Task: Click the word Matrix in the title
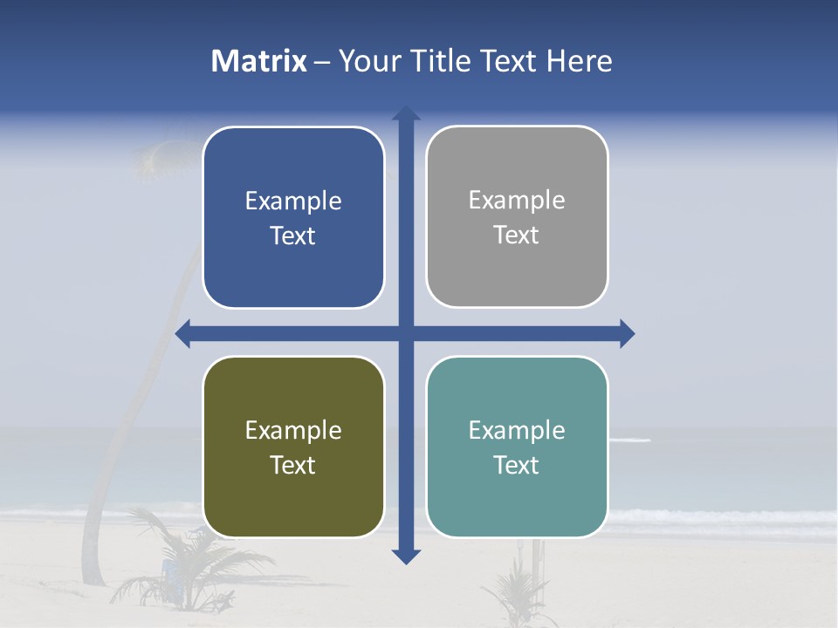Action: [259, 61]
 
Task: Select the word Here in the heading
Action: [579, 61]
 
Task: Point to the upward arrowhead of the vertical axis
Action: [406, 113]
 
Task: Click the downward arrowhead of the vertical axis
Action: [406, 556]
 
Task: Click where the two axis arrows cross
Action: [406, 333]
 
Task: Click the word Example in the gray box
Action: [517, 201]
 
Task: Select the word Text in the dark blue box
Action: [293, 236]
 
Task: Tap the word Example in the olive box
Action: [293, 431]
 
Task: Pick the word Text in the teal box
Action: [517, 466]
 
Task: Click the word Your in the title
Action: [364, 61]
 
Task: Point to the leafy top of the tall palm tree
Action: [157, 157]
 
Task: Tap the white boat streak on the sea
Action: [630, 440]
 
